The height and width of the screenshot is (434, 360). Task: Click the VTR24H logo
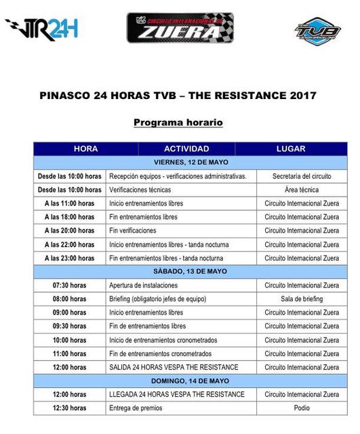tap(41, 29)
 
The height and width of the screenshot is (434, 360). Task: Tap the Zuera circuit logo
tap(180, 28)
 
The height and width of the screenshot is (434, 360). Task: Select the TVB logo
tap(317, 31)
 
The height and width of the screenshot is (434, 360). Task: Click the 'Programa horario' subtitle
tap(178, 122)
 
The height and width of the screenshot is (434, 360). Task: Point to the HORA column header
tap(86, 149)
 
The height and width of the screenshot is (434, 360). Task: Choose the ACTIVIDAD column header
tap(186, 149)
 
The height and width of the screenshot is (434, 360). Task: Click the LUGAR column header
tap(291, 149)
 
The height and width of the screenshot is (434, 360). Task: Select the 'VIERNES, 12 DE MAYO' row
tap(191, 163)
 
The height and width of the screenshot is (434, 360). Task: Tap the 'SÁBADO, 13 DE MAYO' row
tap(191, 271)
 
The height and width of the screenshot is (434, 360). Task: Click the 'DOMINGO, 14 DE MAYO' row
tap(191, 381)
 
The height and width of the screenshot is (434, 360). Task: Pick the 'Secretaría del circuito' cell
tap(302, 176)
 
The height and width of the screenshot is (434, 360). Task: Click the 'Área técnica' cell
tap(302, 190)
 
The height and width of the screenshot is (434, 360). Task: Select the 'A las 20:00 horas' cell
tap(70, 231)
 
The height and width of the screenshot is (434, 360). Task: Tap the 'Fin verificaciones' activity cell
tap(181, 231)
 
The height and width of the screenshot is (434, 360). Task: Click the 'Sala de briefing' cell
tap(302, 299)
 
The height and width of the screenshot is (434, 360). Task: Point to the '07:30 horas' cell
tap(70, 285)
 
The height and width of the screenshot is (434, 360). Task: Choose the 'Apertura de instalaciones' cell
tap(181, 285)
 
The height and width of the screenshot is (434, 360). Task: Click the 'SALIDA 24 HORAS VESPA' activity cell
tap(181, 368)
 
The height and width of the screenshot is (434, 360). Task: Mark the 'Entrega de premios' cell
tap(181, 408)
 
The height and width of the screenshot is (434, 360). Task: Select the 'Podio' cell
tap(302, 408)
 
